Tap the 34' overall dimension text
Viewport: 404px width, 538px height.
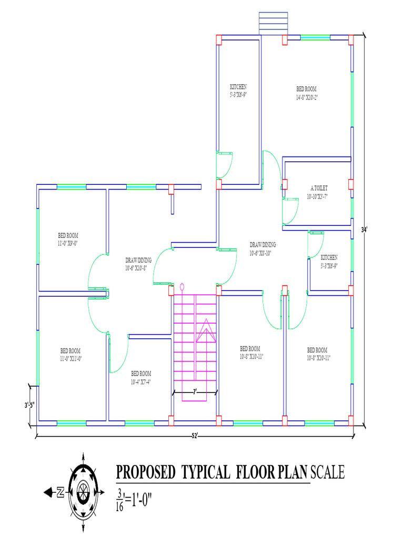(364, 230)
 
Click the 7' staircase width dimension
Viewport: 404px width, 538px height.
(195, 392)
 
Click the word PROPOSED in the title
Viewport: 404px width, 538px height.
(145, 473)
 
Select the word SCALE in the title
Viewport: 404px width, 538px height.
(328, 473)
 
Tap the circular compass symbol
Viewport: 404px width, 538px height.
(83, 492)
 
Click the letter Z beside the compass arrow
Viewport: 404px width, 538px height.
(60, 492)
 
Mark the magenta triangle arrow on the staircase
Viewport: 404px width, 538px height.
(206, 331)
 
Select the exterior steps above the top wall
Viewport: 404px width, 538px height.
(270, 23)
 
